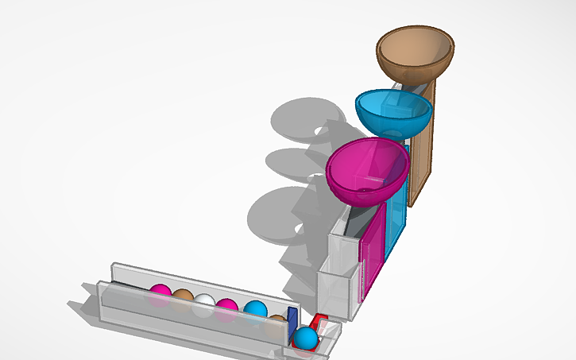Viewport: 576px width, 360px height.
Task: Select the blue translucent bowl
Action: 393,111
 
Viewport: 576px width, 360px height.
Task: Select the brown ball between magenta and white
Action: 183,297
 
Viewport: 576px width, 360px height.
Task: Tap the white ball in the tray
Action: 205,303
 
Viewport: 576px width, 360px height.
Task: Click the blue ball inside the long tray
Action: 255,311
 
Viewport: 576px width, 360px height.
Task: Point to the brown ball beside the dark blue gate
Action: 277,319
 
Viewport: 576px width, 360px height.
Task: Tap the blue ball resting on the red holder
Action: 305,339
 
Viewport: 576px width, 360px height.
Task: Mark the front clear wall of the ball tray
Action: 191,318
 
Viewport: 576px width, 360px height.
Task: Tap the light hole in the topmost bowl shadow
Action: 321,129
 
